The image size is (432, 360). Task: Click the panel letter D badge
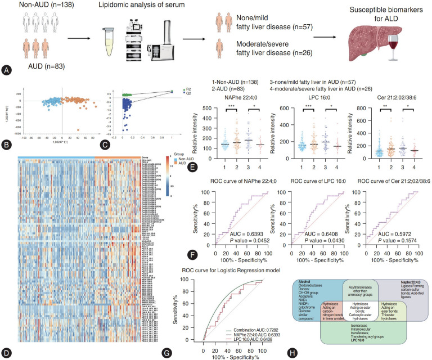click(6, 353)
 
